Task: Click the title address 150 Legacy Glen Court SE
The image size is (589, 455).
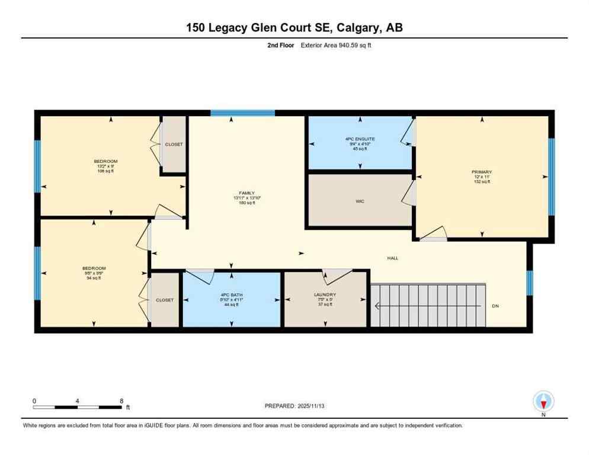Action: tap(294, 27)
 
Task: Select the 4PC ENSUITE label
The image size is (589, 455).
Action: tap(360, 139)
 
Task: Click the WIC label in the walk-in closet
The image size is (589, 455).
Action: tap(360, 201)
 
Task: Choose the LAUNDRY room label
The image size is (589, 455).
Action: tap(325, 294)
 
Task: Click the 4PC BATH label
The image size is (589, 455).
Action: tap(232, 294)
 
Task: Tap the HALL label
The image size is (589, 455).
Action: tap(392, 258)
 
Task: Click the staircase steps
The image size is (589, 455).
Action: tap(428, 306)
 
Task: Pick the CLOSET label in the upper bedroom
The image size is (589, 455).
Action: tap(174, 145)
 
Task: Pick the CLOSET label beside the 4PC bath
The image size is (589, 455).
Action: tap(165, 300)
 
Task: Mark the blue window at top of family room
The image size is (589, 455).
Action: tap(242, 113)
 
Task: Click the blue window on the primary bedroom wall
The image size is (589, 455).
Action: tap(550, 177)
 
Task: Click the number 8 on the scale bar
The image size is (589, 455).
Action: tap(121, 400)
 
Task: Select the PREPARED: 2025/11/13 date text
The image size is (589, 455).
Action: tap(294, 406)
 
